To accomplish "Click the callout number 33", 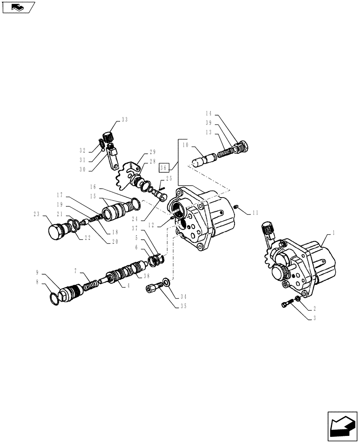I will click(124, 120).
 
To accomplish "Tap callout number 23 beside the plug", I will click(36, 214).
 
